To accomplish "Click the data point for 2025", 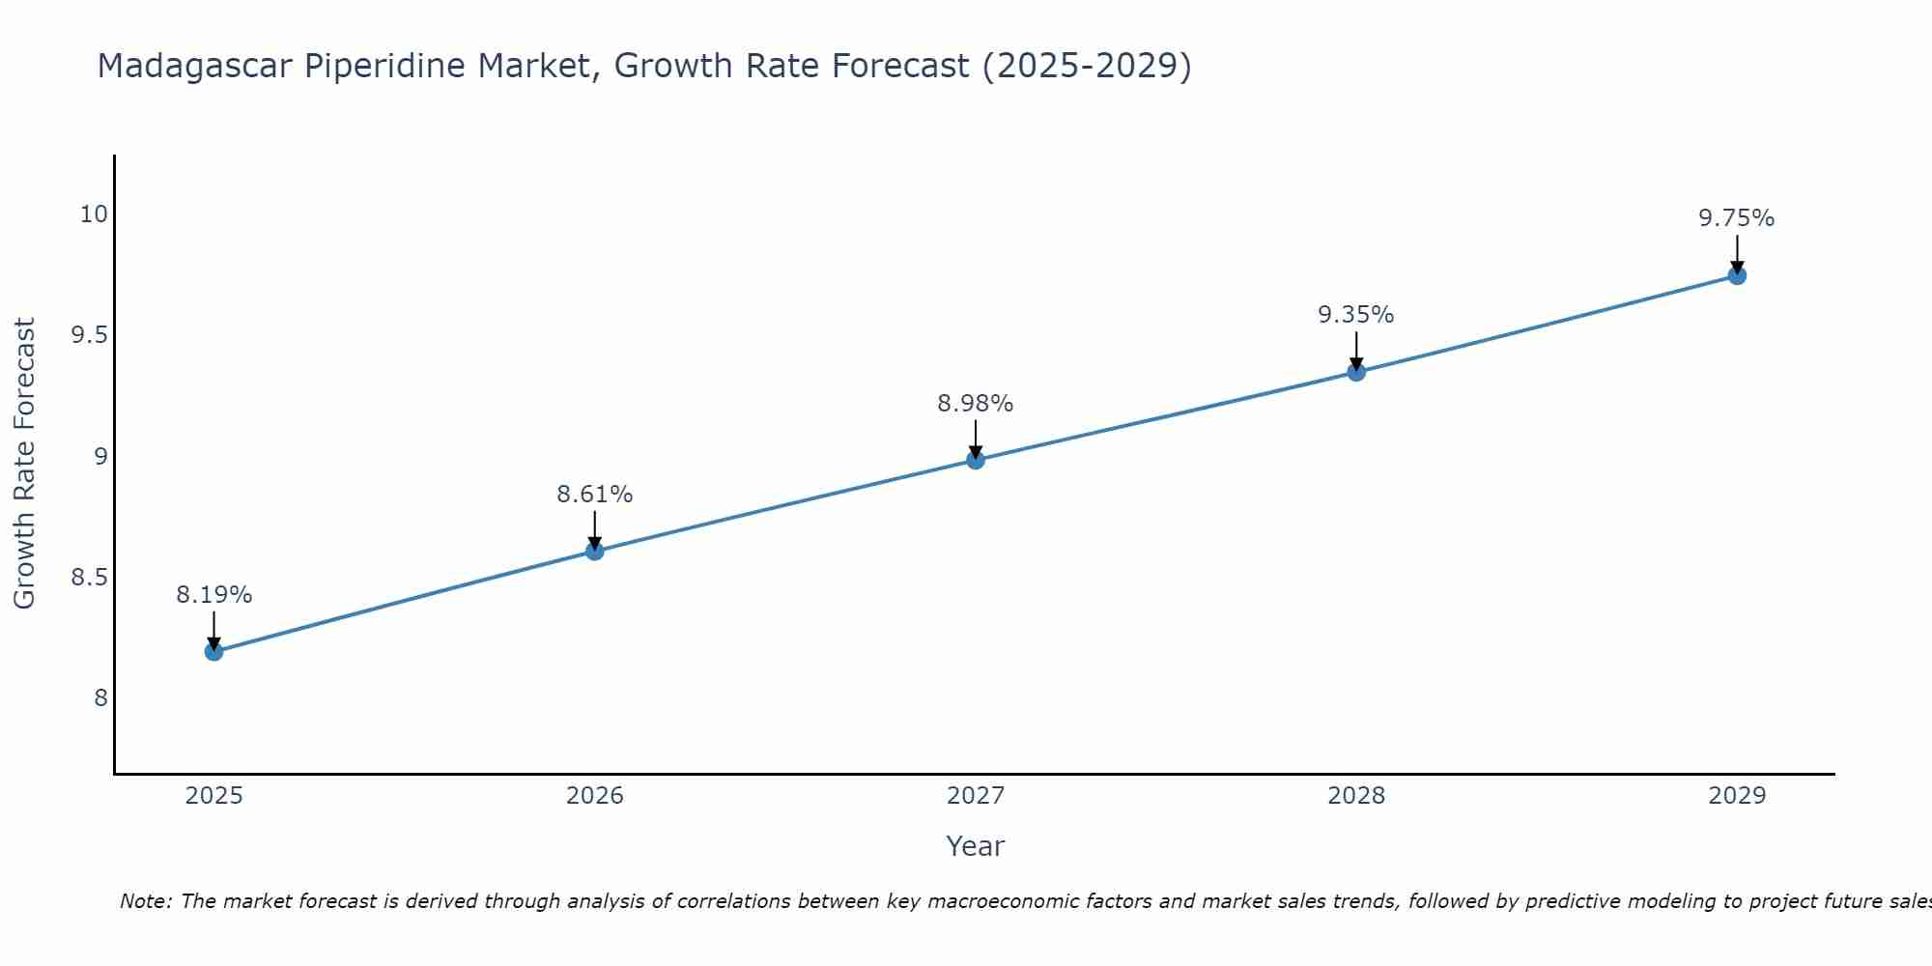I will (213, 652).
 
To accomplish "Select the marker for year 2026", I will (594, 551).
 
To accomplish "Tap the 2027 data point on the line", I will (976, 460).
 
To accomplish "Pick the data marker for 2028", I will (1356, 372).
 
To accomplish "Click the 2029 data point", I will (1737, 275).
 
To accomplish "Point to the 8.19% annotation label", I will (213, 595).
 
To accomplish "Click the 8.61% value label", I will (594, 495).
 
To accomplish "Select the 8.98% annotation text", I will (976, 404).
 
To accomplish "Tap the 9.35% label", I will (1356, 315).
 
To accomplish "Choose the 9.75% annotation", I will (1737, 218).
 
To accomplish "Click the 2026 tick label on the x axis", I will (594, 796).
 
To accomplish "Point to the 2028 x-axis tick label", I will (1356, 796).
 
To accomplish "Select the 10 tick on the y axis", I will (94, 214).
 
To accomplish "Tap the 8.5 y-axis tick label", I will (89, 578).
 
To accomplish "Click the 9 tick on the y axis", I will (100, 457).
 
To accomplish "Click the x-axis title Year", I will (976, 846).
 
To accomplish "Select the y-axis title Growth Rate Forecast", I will (25, 464).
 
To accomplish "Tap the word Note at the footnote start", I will (145, 901).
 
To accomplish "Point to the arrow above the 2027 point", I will (976, 438).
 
